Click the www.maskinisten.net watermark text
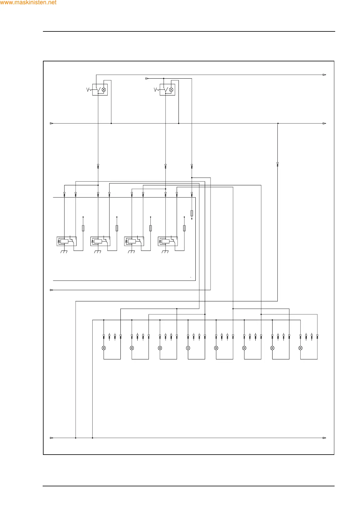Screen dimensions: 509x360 point(28,3)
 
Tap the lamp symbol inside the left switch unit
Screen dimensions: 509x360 point(104,90)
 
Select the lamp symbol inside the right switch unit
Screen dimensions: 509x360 point(171,90)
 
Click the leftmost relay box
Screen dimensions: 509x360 point(67,241)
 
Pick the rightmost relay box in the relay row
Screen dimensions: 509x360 point(168,241)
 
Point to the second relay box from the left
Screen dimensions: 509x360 point(100,241)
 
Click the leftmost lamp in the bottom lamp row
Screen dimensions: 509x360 point(104,348)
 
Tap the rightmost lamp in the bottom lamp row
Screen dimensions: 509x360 point(300,348)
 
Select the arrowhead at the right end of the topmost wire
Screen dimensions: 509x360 point(324,75)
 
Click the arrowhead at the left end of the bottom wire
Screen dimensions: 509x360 point(51,438)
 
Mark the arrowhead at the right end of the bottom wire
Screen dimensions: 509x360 point(324,438)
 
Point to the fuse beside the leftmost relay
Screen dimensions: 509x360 point(83,228)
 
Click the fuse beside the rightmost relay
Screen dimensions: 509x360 point(184,228)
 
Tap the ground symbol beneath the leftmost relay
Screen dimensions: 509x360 point(64,252)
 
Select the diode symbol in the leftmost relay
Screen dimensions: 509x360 point(59,242)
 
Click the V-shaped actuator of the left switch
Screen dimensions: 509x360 point(88,90)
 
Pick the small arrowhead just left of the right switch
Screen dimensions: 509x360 point(147,79)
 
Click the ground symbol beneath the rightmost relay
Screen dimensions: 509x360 point(165,252)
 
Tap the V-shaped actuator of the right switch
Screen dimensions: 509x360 point(155,90)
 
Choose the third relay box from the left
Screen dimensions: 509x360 point(134,241)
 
